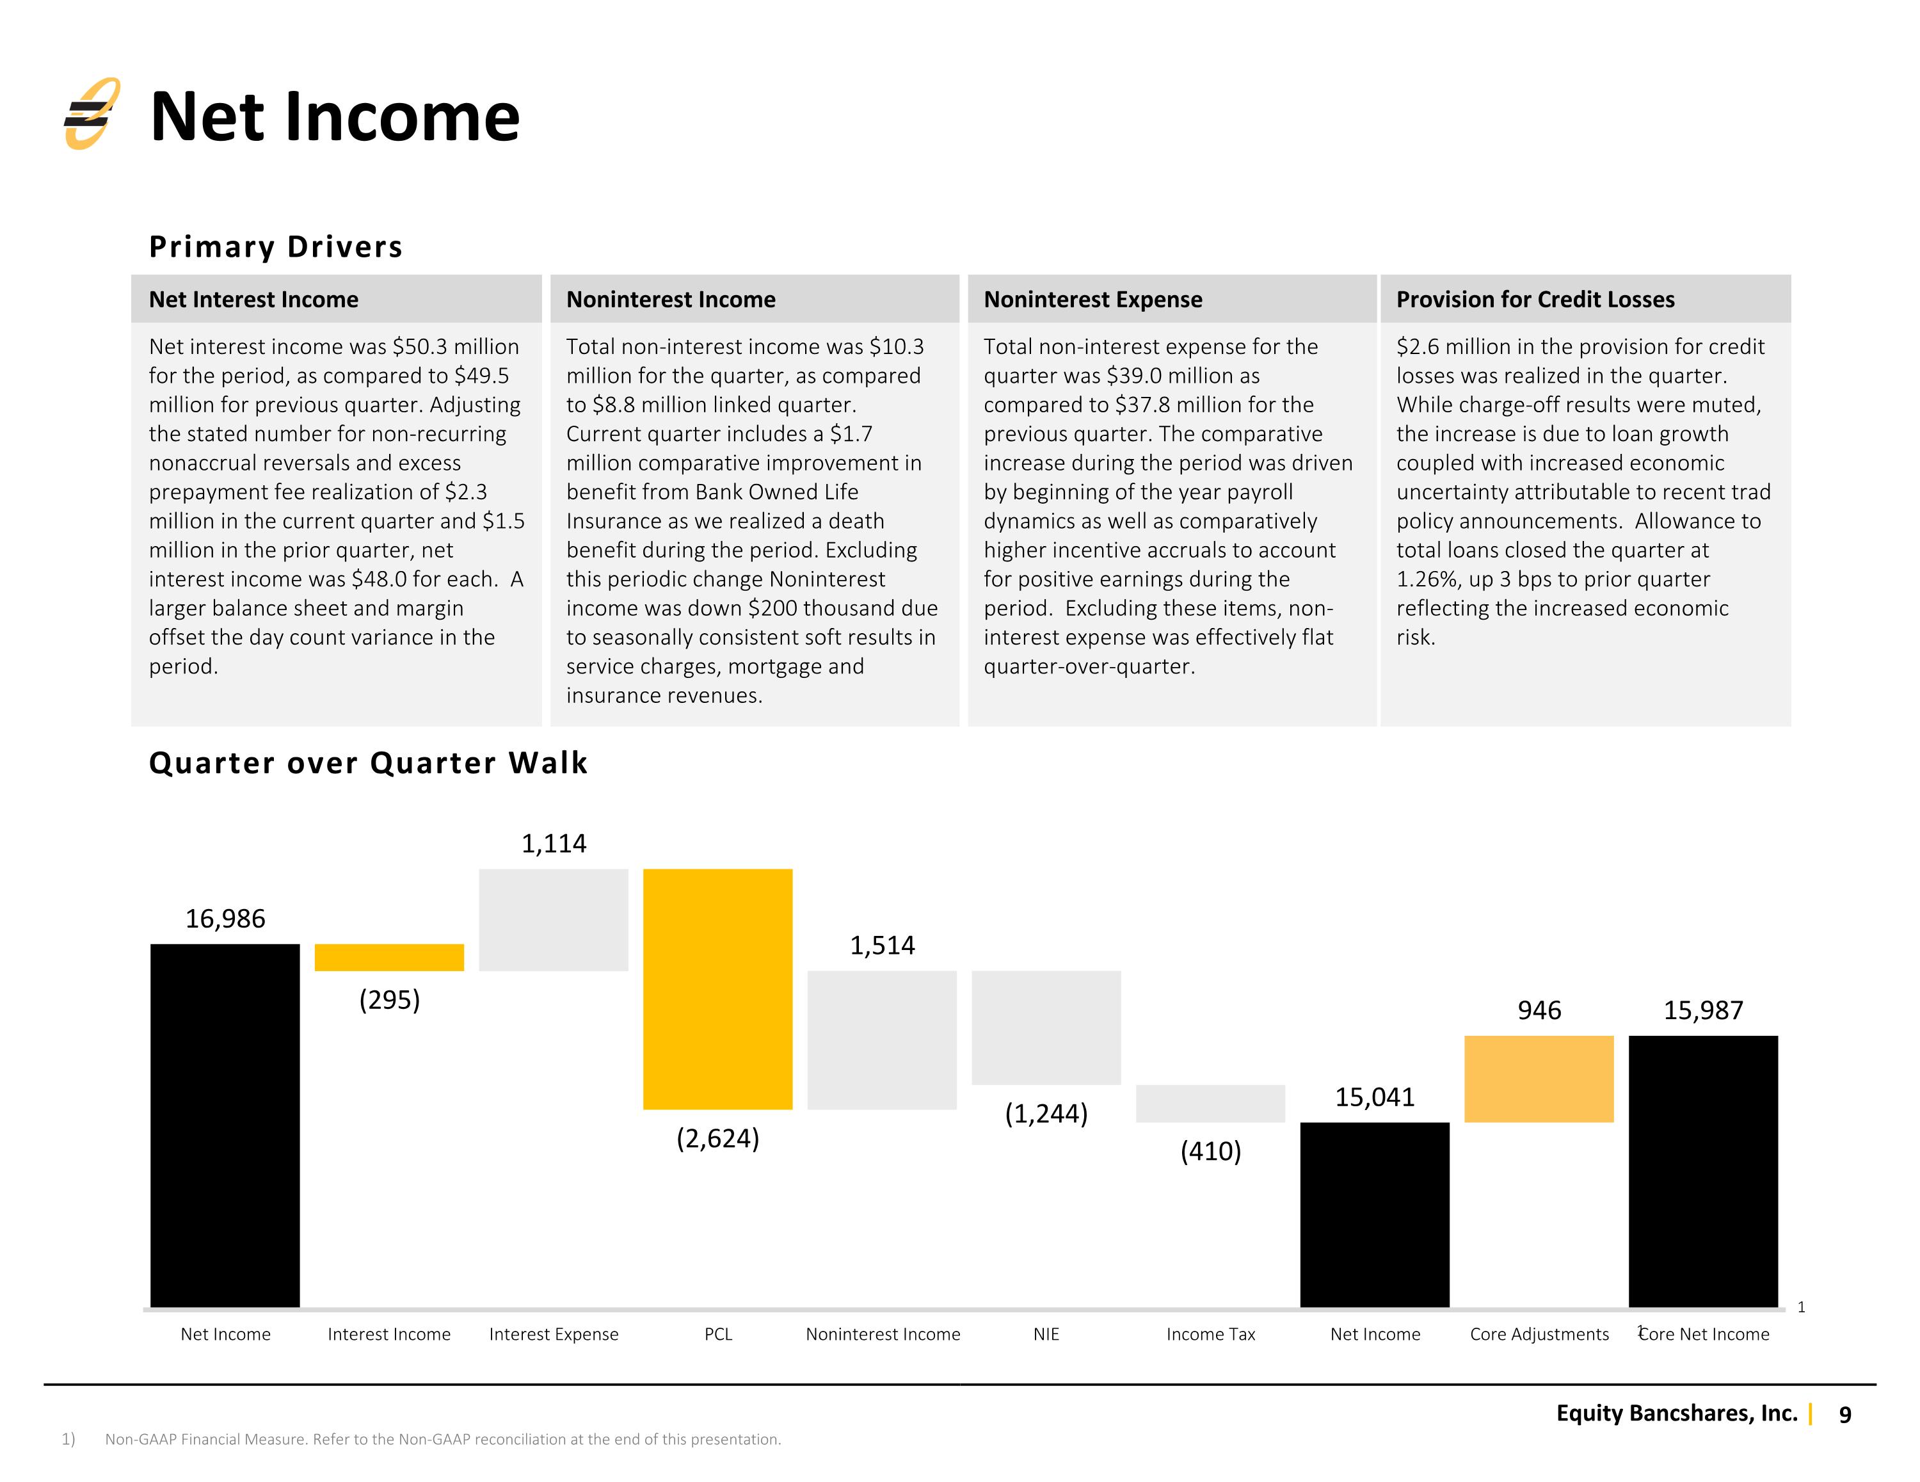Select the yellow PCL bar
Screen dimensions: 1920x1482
pyautogui.click(x=717, y=988)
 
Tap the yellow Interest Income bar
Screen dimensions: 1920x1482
pyautogui.click(x=390, y=957)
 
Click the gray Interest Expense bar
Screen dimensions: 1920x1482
pyautogui.click(x=554, y=920)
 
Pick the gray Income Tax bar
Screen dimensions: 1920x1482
pyautogui.click(x=1210, y=1104)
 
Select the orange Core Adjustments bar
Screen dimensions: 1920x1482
pyautogui.click(x=1539, y=1079)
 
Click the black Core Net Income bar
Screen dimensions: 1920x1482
pyautogui.click(x=1703, y=1172)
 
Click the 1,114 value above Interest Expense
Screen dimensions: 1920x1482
pyautogui.click(x=554, y=844)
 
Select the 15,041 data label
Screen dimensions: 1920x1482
pyautogui.click(x=1375, y=1097)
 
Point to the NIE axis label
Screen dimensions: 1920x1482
pyautogui.click(x=1046, y=1334)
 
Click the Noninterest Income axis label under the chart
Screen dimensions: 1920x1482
pyautogui.click(x=883, y=1334)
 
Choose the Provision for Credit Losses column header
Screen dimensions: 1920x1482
pyautogui.click(x=1535, y=299)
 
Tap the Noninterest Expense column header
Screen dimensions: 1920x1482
pyautogui.click(x=1092, y=299)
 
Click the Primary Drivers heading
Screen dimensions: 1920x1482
pyautogui.click(x=276, y=246)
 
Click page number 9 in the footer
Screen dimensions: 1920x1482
pyautogui.click(x=1845, y=1414)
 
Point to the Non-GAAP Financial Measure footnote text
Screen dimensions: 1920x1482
pyautogui.click(x=443, y=1439)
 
